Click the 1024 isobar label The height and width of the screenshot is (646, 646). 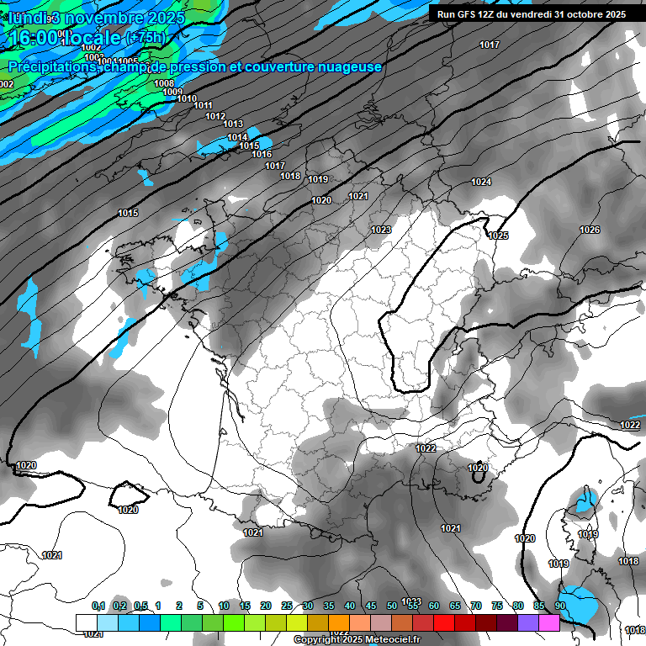[481, 182]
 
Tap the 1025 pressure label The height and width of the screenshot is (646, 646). [498, 236]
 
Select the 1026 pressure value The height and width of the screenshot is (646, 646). [590, 230]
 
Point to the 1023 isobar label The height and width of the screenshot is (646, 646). [381, 230]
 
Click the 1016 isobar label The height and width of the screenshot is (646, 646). [262, 154]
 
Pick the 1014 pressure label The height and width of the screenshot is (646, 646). [237, 137]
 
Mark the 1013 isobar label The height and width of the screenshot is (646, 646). [233, 124]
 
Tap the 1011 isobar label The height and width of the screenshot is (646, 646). [203, 105]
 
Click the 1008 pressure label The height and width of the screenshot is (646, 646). [164, 83]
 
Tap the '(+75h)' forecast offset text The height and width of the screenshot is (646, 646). [145, 38]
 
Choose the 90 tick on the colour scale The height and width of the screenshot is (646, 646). [560, 606]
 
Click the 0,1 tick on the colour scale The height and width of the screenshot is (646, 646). [98, 606]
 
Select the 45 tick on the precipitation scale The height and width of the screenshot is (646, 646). [371, 606]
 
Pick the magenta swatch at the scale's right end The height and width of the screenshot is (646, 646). [549, 622]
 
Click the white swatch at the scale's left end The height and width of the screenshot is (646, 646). [86, 622]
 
